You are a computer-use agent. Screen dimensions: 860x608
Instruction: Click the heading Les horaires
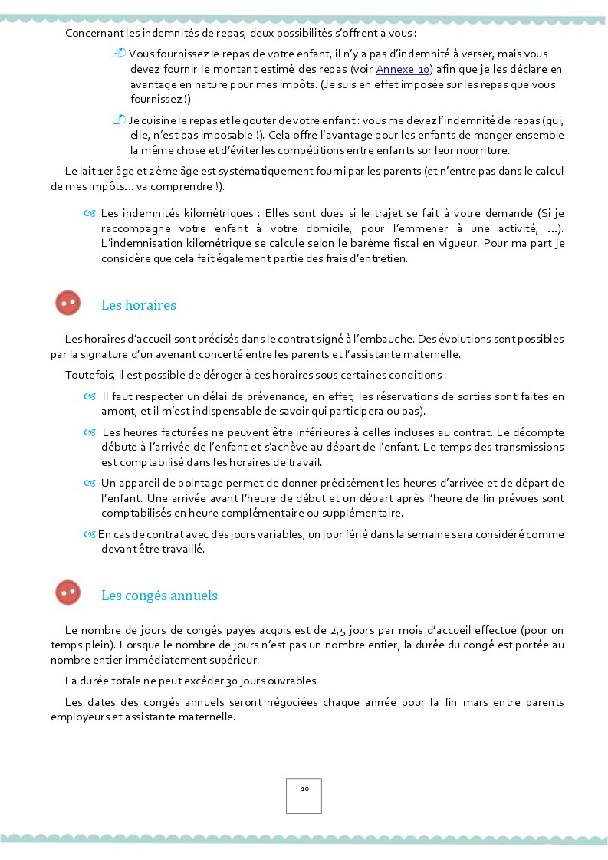pos(139,305)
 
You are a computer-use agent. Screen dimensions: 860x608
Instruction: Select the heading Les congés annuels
pos(159,596)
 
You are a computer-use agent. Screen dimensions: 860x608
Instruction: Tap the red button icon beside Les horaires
pos(68,304)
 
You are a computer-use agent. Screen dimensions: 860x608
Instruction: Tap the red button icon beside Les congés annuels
pos(68,593)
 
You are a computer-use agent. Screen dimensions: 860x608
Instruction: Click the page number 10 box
pos(304,796)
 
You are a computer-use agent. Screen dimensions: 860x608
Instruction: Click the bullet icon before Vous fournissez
pos(119,53)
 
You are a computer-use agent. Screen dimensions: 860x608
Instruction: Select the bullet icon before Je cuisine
pos(119,120)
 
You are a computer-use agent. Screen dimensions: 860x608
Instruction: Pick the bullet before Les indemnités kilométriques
pos(90,212)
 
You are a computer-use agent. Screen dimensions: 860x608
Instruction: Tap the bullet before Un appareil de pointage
pos(90,483)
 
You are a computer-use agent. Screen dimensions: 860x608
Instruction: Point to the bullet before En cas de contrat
pos(90,534)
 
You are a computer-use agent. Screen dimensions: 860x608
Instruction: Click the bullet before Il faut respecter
pos(90,396)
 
